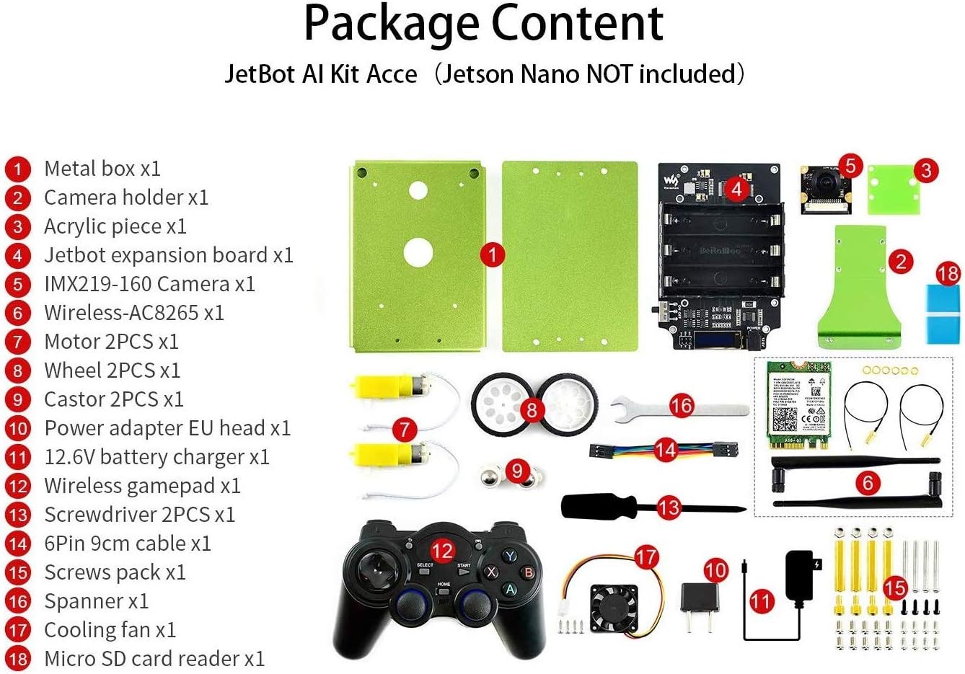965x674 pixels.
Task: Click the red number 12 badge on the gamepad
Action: pyautogui.click(x=442, y=551)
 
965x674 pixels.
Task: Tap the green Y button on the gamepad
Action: pyautogui.click(x=510, y=556)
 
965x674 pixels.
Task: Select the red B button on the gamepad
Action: pyautogui.click(x=529, y=572)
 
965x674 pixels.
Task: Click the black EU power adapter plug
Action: pyautogui.click(x=700, y=598)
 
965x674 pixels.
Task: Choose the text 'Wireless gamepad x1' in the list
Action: pyautogui.click(x=142, y=486)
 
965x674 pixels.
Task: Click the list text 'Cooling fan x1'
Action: pyautogui.click(x=110, y=630)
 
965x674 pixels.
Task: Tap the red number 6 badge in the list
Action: pyautogui.click(x=17, y=313)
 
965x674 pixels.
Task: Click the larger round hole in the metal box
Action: pyautogui.click(x=418, y=252)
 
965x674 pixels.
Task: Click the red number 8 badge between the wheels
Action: pyautogui.click(x=532, y=409)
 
